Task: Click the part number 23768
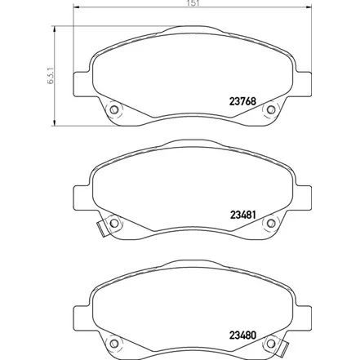[x=242, y=101]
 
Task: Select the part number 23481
[x=242, y=215]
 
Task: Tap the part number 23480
[x=242, y=336]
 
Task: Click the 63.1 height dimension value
[x=51, y=75]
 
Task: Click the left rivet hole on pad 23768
[x=113, y=109]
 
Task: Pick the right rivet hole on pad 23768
[x=271, y=109]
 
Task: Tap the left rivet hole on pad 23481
[x=113, y=223]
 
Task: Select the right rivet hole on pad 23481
[x=271, y=223]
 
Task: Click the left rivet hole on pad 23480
[x=113, y=344]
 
